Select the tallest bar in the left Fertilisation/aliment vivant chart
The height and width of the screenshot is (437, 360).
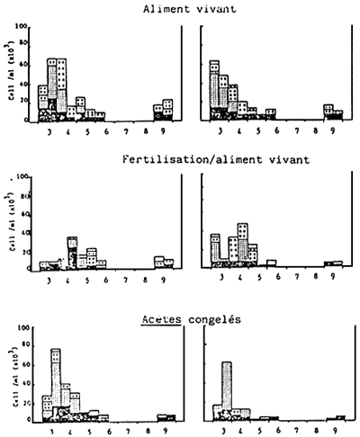[x=72, y=252]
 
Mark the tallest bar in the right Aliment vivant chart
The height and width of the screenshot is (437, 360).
[x=214, y=88]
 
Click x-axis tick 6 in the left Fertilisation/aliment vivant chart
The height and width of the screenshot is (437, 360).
[x=108, y=281]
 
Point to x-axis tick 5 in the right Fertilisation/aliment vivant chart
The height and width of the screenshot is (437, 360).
[x=258, y=281]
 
